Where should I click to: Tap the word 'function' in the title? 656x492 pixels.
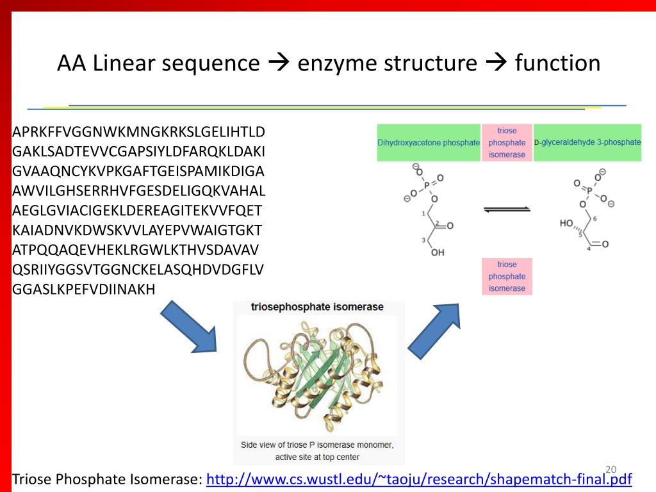[x=557, y=63]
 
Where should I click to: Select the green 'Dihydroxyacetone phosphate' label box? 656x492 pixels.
[x=429, y=142]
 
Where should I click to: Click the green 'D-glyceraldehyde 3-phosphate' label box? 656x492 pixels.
[x=587, y=142]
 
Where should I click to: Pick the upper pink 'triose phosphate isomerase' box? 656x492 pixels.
[x=507, y=142]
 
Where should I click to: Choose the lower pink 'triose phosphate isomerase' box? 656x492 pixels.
[x=507, y=276]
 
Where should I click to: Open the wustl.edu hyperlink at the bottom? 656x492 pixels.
[x=419, y=479]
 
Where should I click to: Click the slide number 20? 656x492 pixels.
[x=610, y=468]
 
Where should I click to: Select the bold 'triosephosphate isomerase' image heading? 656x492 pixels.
[x=318, y=307]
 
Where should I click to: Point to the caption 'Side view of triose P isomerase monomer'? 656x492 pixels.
[x=318, y=445]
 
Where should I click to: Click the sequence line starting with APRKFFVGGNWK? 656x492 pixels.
[x=138, y=133]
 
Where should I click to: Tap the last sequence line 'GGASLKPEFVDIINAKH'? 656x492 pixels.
[x=84, y=289]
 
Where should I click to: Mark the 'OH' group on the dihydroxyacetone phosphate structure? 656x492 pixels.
[x=438, y=252]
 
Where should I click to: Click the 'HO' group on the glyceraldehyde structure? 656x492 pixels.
[x=566, y=223]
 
